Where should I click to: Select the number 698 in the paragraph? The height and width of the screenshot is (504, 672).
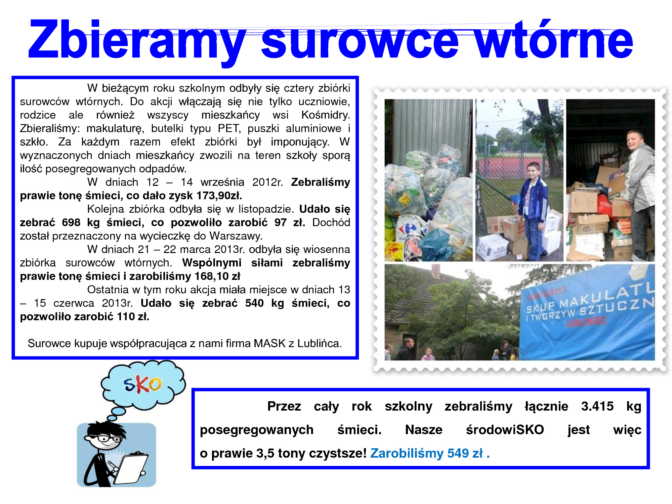(x=71, y=222)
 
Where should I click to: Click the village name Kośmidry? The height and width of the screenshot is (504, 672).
(x=325, y=115)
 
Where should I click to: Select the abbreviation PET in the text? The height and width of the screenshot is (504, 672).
(x=229, y=128)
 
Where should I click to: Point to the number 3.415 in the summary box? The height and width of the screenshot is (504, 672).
(x=597, y=406)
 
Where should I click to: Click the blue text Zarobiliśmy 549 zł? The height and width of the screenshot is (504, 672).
(x=430, y=453)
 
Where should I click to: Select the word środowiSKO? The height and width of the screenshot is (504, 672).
(x=505, y=430)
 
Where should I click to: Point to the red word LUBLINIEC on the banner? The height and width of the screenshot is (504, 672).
(x=586, y=322)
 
